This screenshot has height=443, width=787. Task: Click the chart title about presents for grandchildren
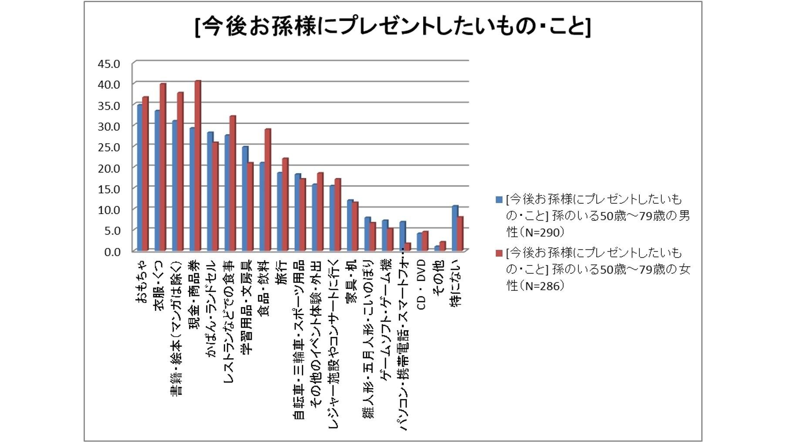(393, 27)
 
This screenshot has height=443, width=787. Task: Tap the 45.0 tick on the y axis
(108, 64)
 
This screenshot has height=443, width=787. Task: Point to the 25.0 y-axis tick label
(108, 147)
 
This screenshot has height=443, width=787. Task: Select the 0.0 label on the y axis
(112, 252)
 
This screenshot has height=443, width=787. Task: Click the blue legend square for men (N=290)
(499, 200)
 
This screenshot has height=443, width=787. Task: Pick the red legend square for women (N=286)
(499, 253)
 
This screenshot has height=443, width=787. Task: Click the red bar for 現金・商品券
(198, 165)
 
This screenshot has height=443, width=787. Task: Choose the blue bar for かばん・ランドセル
(210, 191)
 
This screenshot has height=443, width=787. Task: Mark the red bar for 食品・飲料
(267, 190)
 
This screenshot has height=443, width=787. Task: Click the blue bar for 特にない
(455, 228)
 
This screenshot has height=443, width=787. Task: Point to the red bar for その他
(442, 246)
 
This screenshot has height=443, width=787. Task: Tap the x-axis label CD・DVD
(421, 285)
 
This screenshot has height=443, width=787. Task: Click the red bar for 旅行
(285, 204)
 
